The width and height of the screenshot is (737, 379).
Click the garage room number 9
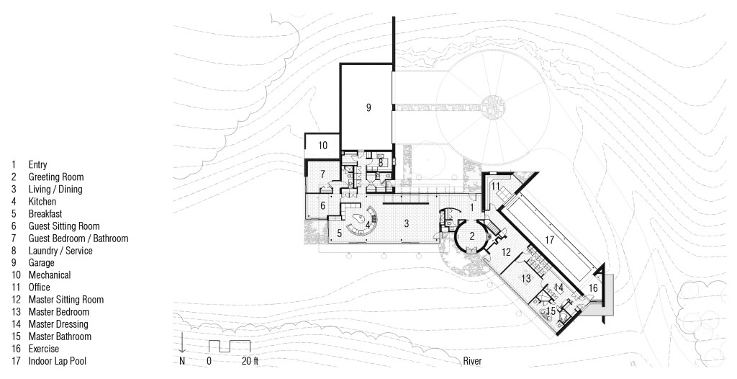tap(368, 108)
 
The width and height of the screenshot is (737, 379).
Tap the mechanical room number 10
tap(322, 146)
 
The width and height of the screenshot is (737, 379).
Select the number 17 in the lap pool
tap(550, 240)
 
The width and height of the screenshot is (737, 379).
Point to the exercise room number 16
tap(593, 287)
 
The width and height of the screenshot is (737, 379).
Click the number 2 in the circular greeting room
tap(473, 236)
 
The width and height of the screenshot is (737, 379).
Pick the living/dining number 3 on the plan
tap(406, 223)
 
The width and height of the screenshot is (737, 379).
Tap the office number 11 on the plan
tap(495, 187)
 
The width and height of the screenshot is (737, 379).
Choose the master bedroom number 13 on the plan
tap(526, 279)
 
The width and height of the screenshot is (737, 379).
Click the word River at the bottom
tap(472, 361)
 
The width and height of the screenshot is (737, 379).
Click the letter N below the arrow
tap(182, 361)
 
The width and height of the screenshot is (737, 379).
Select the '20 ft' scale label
tap(250, 361)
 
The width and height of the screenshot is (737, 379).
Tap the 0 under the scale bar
tap(209, 361)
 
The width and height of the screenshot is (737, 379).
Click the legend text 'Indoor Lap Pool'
tap(58, 361)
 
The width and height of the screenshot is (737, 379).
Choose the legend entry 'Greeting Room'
tap(56, 177)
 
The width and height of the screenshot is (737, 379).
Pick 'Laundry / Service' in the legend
tap(60, 251)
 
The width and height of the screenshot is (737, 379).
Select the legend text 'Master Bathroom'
tap(60, 336)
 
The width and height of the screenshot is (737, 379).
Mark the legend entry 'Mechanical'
tap(50, 275)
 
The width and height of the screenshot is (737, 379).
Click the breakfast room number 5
tap(340, 233)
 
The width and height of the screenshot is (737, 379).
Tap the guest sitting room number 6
tap(323, 205)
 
